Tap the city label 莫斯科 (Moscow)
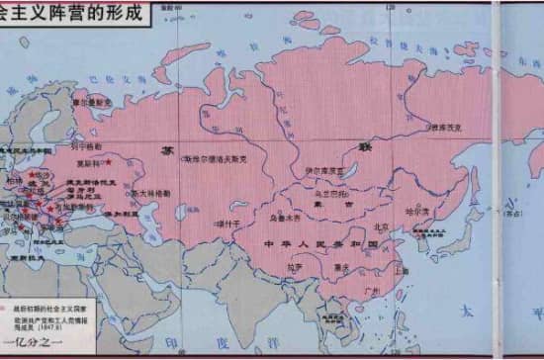click(x=90, y=164)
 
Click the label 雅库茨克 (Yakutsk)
click(x=443, y=128)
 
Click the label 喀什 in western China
click(x=227, y=224)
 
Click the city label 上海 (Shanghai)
click(x=402, y=270)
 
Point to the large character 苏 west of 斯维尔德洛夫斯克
click(x=165, y=149)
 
